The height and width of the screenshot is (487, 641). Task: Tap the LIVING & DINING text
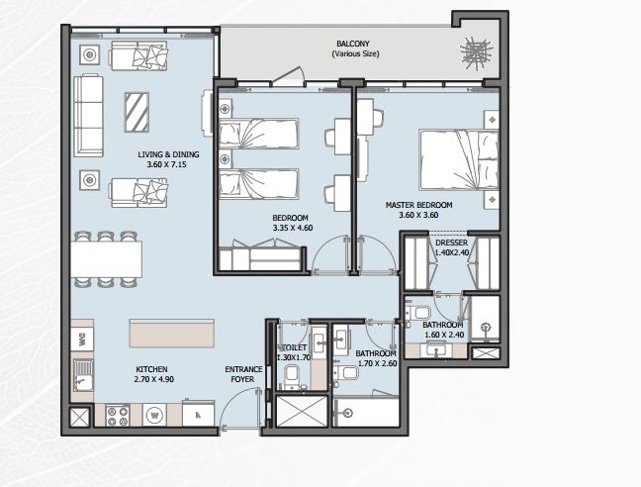tap(168, 154)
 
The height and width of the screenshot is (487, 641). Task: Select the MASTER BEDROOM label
tap(419, 205)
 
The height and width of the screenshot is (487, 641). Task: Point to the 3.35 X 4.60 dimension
tap(293, 228)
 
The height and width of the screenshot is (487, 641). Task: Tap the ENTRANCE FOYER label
tap(243, 374)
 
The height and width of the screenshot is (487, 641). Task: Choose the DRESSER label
tap(452, 243)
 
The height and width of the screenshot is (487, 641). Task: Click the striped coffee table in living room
tap(137, 113)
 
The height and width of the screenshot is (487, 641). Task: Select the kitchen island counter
tap(172, 334)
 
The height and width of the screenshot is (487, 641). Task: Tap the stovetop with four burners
tap(118, 416)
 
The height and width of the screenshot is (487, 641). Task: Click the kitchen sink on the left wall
tap(83, 375)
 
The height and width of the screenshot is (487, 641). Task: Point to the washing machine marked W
tap(154, 415)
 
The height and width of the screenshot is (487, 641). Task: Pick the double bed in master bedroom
tap(459, 160)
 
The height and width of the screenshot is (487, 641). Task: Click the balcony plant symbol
tap(476, 52)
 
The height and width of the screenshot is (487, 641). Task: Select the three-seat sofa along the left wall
tap(88, 115)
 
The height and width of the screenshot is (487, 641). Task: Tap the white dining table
tap(106, 259)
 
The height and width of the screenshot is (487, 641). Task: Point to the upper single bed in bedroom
tap(259, 134)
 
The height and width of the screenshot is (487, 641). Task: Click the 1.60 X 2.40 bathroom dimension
tap(444, 335)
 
